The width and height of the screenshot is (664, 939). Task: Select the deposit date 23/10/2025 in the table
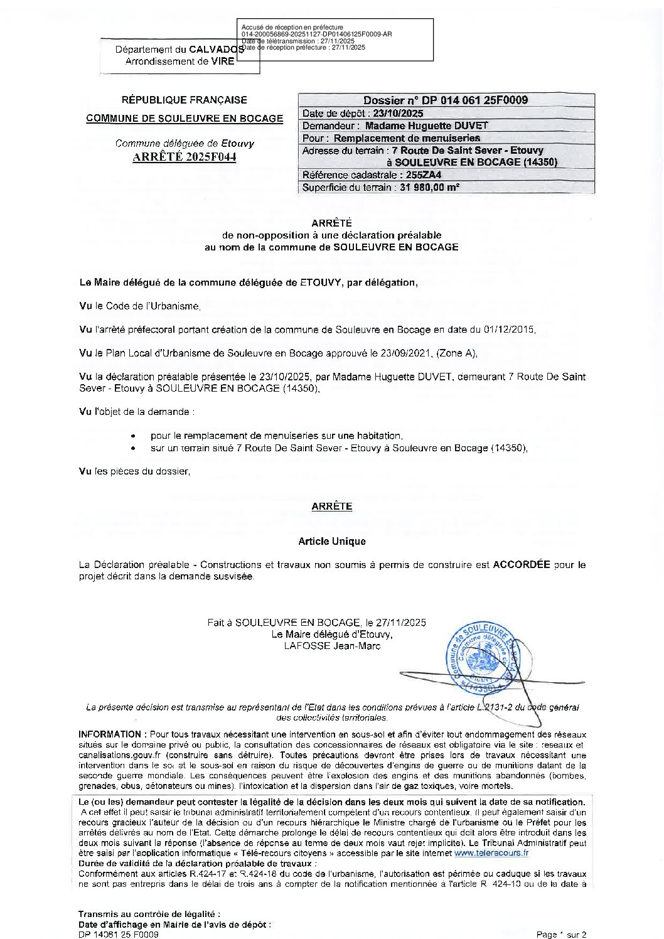point(398,114)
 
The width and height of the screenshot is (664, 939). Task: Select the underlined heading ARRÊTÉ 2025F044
point(185,157)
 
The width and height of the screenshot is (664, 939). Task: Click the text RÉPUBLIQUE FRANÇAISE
point(185,100)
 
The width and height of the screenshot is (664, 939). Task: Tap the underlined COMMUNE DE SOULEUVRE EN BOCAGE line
point(185,119)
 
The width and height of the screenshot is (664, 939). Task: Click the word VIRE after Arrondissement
point(223,62)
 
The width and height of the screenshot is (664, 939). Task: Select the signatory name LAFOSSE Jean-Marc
point(332,646)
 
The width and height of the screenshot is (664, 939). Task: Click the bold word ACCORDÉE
point(522,564)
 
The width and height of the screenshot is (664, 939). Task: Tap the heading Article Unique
point(332,541)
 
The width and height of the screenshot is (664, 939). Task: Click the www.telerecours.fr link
point(491,853)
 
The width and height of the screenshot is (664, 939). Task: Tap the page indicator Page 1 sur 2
point(561,935)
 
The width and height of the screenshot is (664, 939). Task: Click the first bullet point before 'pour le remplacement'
point(133,436)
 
